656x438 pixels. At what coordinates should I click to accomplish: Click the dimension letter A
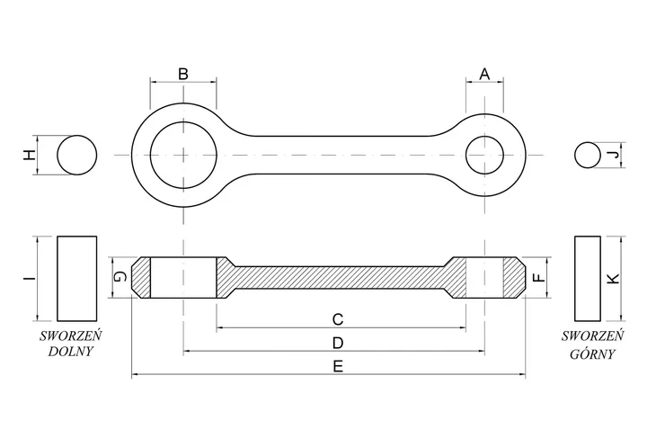coord(484,74)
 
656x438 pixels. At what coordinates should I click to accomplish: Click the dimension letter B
coord(183,74)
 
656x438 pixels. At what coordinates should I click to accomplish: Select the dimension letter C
coord(338,319)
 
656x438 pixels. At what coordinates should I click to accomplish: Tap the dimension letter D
coord(338,344)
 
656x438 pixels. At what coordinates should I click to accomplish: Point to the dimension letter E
coord(338,367)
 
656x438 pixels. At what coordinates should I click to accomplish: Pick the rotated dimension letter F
coord(541,277)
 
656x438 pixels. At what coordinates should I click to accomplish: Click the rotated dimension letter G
coord(120,277)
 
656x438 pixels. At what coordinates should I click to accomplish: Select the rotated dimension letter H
coord(29,156)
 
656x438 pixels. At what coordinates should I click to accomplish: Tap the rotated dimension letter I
coord(29,279)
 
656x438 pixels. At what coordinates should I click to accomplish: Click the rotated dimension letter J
coord(614,156)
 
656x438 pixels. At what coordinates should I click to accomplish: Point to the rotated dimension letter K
coord(614,279)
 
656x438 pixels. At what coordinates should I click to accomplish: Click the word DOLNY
coord(70,351)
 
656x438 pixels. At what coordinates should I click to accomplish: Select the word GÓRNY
coord(592,353)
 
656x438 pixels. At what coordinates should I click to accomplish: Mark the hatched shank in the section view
coord(339,278)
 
